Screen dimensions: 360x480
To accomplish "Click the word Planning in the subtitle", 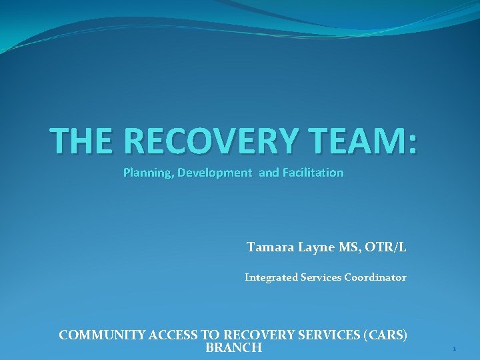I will (147, 173).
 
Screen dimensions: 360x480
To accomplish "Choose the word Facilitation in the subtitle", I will (313, 173).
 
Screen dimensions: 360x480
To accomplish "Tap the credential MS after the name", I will (349, 247).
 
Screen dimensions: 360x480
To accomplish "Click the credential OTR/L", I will (386, 248).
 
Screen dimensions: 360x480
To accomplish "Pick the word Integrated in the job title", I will (270, 277).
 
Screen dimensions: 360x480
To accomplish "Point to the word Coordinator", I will (375, 277).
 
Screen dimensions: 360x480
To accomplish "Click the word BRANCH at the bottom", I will (233, 348).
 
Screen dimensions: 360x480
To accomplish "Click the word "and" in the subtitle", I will (269, 173).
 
